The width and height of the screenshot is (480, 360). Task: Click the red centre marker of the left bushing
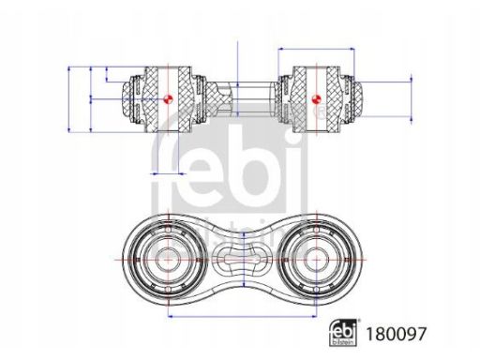tap(168, 99)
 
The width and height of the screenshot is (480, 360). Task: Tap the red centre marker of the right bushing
tap(316, 99)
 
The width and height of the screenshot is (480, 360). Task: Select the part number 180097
tap(396, 334)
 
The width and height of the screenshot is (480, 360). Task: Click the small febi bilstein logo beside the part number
tap(343, 333)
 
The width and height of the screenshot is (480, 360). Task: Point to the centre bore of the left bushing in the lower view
tap(168, 260)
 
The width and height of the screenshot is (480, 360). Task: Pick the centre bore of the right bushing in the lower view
tap(316, 260)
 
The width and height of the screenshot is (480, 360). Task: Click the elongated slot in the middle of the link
tap(243, 260)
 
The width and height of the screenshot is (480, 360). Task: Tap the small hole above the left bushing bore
tap(168, 230)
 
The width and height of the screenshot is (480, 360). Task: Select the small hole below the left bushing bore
tap(168, 290)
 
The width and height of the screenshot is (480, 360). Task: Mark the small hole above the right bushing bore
tap(316, 230)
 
